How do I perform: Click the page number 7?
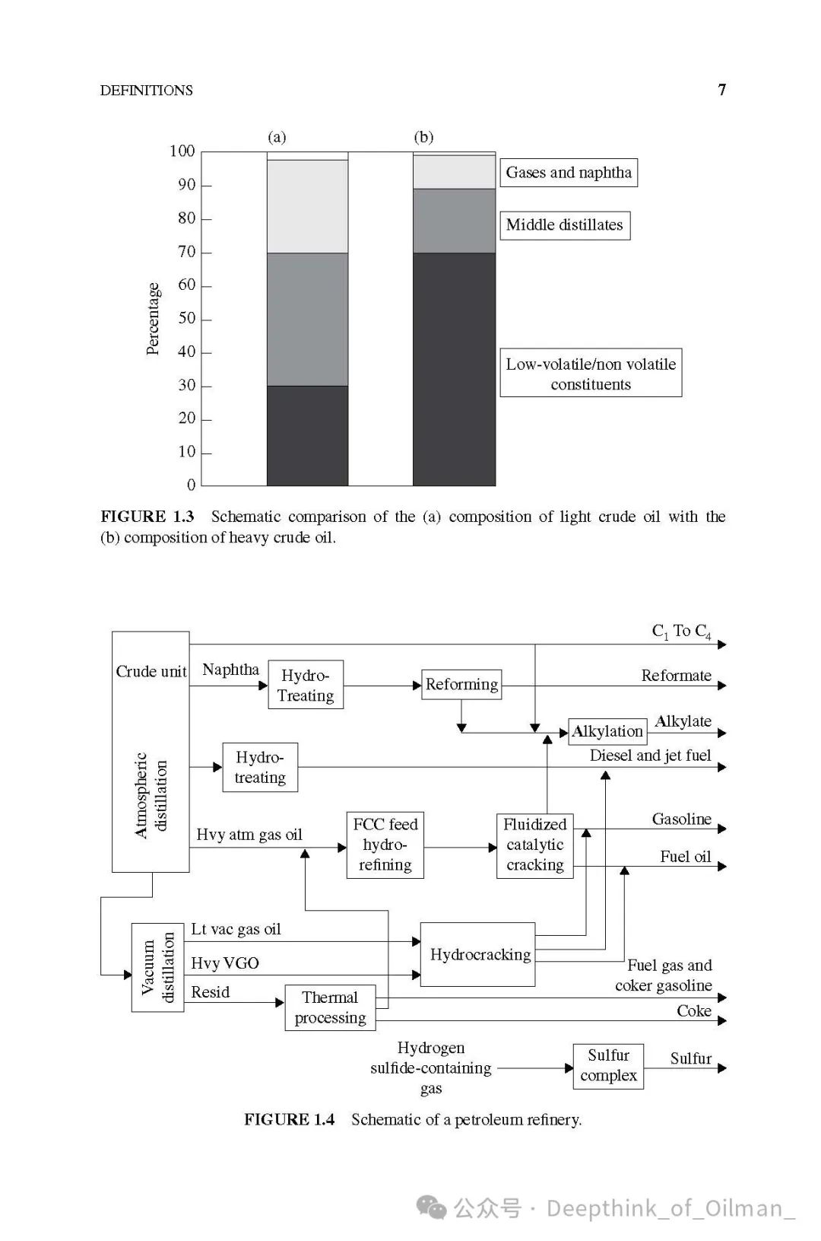click(721, 90)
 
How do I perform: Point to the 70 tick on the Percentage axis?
click(187, 252)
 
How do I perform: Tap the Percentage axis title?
click(153, 318)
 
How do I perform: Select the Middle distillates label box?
click(564, 225)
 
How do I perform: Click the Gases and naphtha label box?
click(569, 173)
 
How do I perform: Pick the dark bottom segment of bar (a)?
click(307, 435)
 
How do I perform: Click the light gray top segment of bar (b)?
click(454, 172)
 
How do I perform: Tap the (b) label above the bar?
click(423, 137)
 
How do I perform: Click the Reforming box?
click(461, 684)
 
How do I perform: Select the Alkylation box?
click(607, 731)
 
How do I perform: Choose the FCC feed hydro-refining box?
click(385, 845)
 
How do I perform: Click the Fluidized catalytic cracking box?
click(534, 845)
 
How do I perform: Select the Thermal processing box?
click(330, 1007)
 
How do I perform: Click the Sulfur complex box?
click(608, 1065)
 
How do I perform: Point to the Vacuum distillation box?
click(157, 967)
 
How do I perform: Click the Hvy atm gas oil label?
click(249, 835)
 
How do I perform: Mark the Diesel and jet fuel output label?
click(650, 756)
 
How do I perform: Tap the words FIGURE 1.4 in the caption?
click(289, 1119)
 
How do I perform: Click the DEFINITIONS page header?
click(146, 90)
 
